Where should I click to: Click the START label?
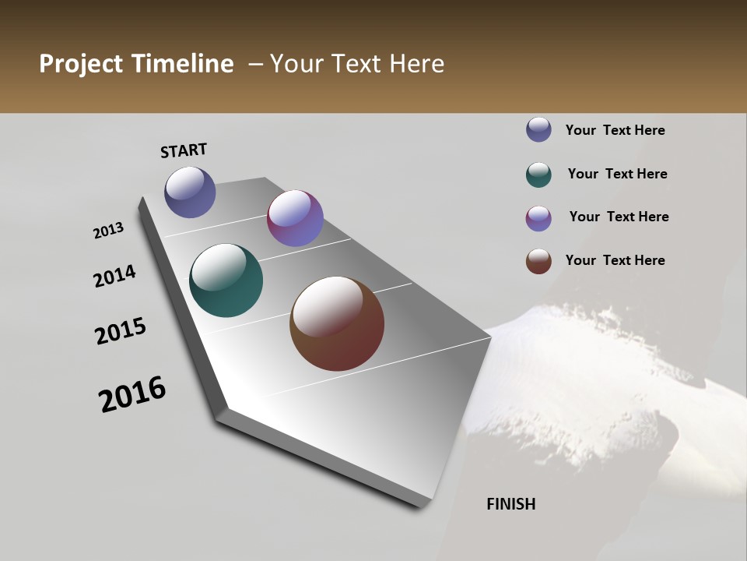184,150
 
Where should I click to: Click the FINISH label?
510,504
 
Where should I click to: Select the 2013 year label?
108,231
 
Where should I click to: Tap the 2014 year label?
114,277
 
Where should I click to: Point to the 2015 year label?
121,331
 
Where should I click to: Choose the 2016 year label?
132,394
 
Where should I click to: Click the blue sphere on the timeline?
190,192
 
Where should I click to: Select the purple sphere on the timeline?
295,218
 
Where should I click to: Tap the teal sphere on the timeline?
226,280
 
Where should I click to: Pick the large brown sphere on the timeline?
337,323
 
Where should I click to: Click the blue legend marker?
538,129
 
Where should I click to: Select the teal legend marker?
538,175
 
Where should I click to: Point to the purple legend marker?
538,218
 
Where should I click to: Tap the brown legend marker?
538,261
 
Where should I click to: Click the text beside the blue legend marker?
615,130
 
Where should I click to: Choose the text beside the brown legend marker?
615,260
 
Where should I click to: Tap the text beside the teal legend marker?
617,174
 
